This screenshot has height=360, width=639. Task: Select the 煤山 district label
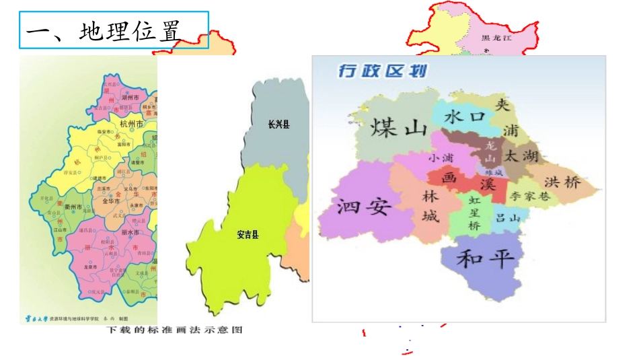(399, 127)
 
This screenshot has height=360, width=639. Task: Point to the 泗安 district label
(363, 205)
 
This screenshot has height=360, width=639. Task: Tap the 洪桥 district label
(562, 182)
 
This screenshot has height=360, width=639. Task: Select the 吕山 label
(508, 218)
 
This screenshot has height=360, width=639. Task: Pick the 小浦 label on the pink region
(441, 158)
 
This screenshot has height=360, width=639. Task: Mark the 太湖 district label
(522, 156)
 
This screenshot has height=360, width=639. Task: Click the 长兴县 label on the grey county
(278, 124)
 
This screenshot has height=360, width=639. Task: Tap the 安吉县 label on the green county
(248, 235)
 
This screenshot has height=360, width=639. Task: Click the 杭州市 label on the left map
(130, 124)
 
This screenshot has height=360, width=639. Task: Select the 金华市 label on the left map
(110, 201)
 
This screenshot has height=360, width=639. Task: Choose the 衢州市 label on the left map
(70, 206)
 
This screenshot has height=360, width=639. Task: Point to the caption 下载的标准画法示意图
(174, 330)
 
